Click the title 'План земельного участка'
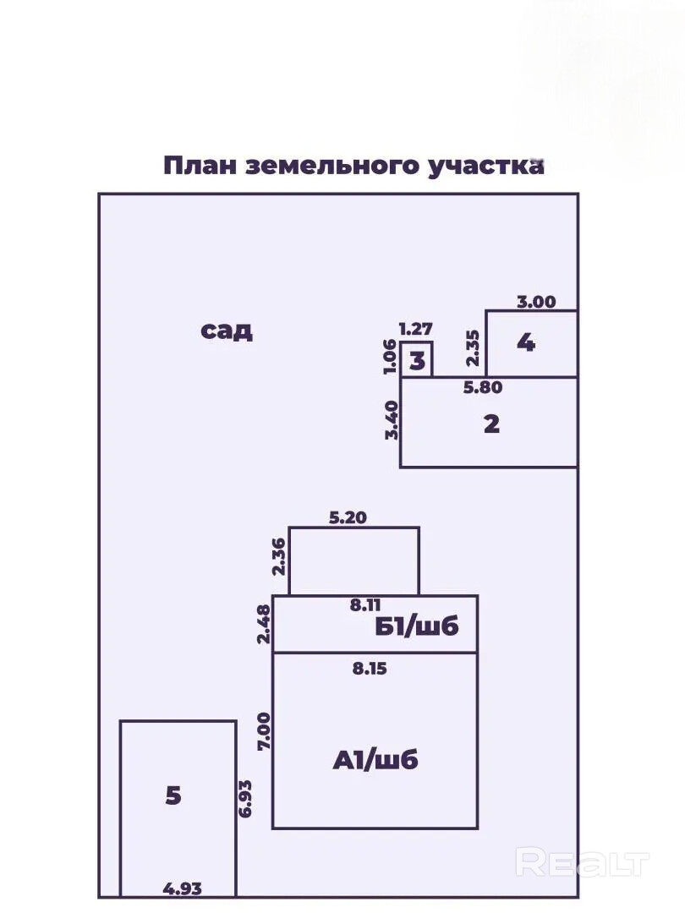click(353, 165)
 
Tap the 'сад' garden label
click(227, 330)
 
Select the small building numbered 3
click(417, 361)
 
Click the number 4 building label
click(526, 343)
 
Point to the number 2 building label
click(491, 424)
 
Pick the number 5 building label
click(173, 795)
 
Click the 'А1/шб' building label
click(375, 760)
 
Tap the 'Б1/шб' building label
click(417, 627)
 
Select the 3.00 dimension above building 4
click(536, 302)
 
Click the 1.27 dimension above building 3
click(416, 329)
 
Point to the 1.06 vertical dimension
click(389, 358)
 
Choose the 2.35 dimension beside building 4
click(474, 347)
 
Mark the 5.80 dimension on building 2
click(484, 389)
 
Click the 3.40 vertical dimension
click(391, 420)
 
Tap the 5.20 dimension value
click(347, 518)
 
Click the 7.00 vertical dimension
click(263, 732)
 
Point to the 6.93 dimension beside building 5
click(246, 797)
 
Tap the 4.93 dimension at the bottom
click(183, 888)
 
